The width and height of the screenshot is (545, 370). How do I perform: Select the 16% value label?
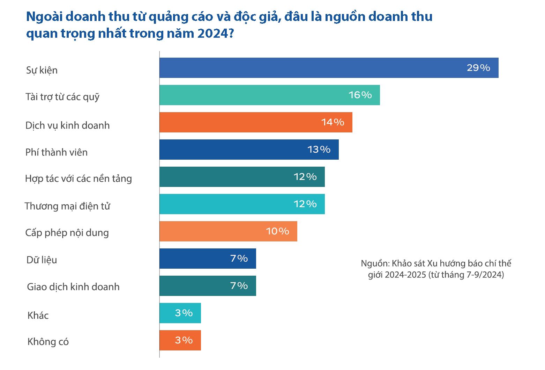[360, 95]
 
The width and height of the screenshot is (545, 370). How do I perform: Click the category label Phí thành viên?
[57, 152]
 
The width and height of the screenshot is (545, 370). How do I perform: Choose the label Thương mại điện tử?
[67, 206]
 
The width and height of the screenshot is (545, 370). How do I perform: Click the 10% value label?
[277, 231]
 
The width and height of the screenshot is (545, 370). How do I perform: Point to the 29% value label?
[478, 68]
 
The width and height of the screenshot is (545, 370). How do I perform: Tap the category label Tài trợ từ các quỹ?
[62, 97]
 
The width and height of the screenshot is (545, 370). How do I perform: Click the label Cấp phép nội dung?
[67, 233]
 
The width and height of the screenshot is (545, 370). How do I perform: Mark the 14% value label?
[333, 122]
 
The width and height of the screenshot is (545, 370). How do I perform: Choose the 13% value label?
[319, 150]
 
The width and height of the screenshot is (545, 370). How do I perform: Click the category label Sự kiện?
[42, 70]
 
